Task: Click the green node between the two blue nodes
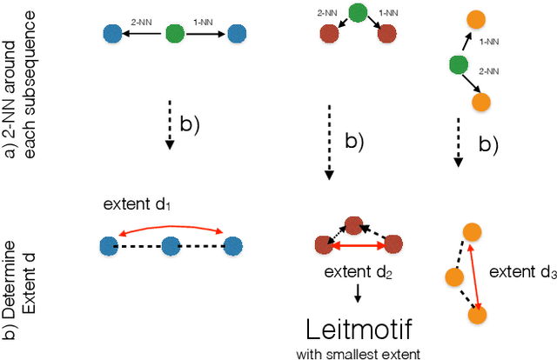[175, 35]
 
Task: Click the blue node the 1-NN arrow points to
[235, 35]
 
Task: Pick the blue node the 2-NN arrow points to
[112, 35]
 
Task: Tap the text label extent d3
[522, 272]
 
